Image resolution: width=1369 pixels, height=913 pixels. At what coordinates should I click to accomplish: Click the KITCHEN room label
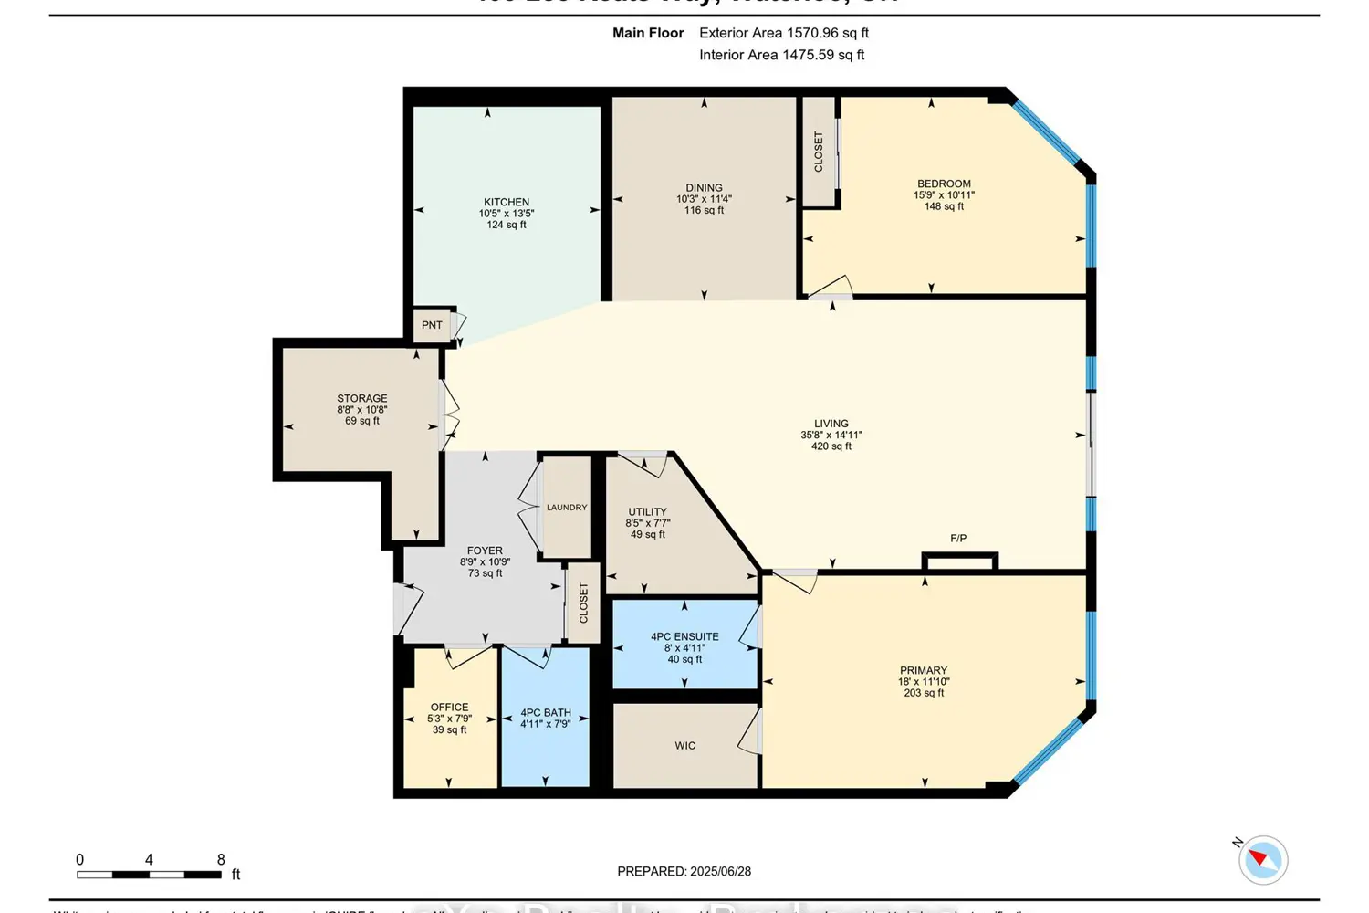pos(507,203)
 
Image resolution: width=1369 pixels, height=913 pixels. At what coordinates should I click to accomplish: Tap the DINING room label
pos(704,188)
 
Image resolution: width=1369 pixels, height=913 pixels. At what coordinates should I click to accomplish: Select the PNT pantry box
pos(433,325)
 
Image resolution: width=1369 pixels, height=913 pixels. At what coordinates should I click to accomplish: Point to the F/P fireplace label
pos(958,539)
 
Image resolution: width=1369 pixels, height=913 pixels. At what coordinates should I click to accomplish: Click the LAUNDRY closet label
pos(567,508)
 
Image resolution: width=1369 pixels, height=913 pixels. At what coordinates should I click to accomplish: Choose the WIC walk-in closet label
pos(685,746)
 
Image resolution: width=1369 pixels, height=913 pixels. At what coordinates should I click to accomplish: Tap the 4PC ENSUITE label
pos(684,637)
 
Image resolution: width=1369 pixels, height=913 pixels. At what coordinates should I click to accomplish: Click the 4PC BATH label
pos(546,713)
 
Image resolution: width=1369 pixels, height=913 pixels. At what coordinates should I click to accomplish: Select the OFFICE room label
pos(449,708)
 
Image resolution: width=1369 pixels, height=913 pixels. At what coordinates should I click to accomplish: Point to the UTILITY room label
pos(647,512)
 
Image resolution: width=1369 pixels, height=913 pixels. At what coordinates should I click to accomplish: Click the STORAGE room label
pos(362,399)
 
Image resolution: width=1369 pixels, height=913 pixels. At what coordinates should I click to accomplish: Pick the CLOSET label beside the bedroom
pos(819,152)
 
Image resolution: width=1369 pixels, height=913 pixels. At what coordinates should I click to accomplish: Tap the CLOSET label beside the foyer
pos(584,603)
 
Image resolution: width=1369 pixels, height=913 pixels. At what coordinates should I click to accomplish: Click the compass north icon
pos(1263,859)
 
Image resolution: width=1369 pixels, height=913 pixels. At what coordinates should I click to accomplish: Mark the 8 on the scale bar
pos(221,860)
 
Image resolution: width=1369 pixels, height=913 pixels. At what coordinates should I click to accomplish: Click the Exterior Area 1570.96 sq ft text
pos(783,33)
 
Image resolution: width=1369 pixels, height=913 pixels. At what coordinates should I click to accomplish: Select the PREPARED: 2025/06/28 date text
pos(684,872)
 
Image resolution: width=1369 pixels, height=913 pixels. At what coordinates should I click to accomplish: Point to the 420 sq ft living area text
pos(831,446)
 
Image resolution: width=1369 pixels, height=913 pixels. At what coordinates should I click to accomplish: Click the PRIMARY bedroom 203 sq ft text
pos(924,693)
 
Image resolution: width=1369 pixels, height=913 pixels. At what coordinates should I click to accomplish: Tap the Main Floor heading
pos(648,33)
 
